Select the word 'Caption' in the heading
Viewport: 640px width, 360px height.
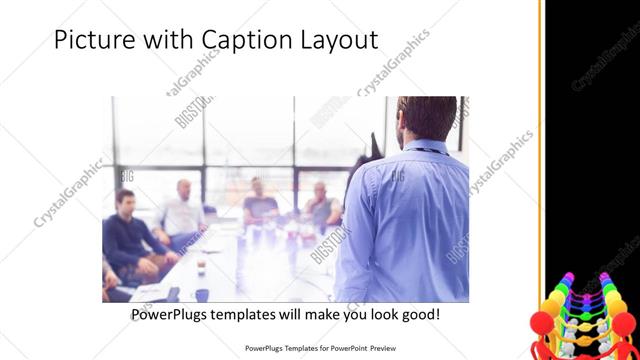(236, 41)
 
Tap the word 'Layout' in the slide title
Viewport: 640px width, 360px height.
(334, 40)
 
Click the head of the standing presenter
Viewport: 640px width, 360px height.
(421, 118)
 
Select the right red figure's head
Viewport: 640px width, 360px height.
(622, 322)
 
